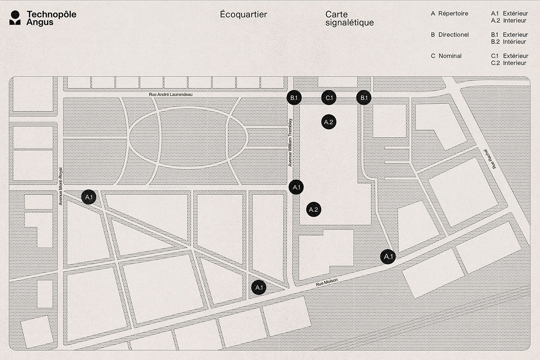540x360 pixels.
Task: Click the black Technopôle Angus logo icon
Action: pyautogui.click(x=16, y=18)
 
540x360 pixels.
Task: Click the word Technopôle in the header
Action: pyautogui.click(x=51, y=14)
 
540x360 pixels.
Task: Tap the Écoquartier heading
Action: pyautogui.click(x=243, y=14)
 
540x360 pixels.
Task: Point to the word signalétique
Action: pyautogui.click(x=349, y=22)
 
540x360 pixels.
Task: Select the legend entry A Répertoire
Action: pyautogui.click(x=449, y=13)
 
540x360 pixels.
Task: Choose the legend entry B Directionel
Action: pyautogui.click(x=450, y=35)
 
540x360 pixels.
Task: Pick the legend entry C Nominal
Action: pyautogui.click(x=446, y=56)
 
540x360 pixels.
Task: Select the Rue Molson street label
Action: pyautogui.click(x=326, y=281)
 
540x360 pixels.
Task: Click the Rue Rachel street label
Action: pyautogui.click(x=490, y=158)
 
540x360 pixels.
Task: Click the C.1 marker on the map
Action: pyautogui.click(x=328, y=98)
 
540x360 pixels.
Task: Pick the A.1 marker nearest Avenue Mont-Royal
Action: pyautogui.click(x=88, y=197)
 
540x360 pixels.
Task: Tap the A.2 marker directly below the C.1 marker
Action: pyautogui.click(x=328, y=121)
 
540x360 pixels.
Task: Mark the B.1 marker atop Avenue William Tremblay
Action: pyautogui.click(x=293, y=98)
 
